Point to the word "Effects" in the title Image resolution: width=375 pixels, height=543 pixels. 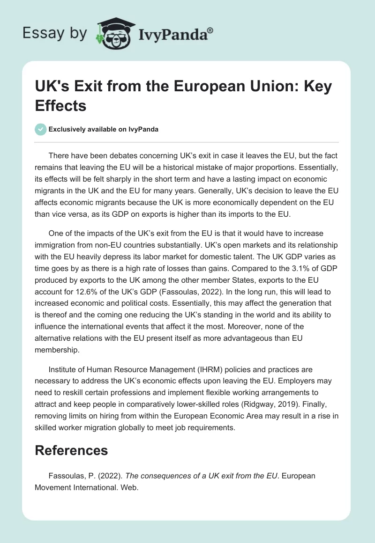pos(61,105)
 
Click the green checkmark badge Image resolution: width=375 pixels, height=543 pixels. pos(41,129)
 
